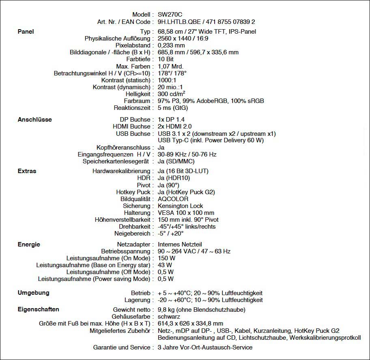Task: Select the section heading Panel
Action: [x=26, y=32]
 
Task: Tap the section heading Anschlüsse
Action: [x=35, y=120]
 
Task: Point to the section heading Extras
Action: [x=27, y=171]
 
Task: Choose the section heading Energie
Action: [x=29, y=244]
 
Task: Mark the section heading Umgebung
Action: [x=33, y=293]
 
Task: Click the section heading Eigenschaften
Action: [x=39, y=309]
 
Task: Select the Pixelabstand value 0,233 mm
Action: [x=171, y=45]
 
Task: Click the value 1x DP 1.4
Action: [x=171, y=120]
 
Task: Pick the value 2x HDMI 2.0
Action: [x=174, y=127]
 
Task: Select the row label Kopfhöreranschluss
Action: [x=123, y=148]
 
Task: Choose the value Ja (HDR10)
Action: [x=174, y=178]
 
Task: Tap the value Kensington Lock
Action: [x=180, y=206]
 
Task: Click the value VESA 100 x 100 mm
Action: [x=186, y=213]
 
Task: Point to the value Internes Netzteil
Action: [x=180, y=244]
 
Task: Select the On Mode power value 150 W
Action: [x=167, y=258]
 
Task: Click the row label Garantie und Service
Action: [x=121, y=347]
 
